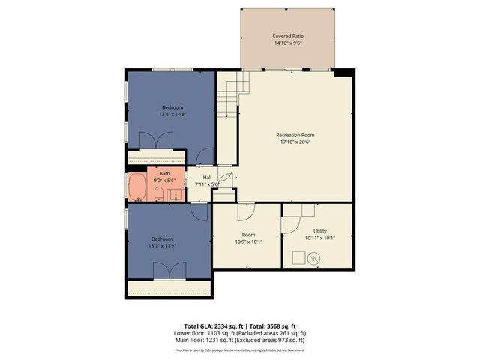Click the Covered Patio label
(288, 36)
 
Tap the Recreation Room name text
(295, 135)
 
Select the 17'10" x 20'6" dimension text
(295, 142)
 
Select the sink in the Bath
(175, 194)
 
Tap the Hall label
(207, 178)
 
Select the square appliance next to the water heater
(297, 258)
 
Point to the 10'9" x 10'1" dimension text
(248, 241)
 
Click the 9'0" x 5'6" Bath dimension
(164, 180)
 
